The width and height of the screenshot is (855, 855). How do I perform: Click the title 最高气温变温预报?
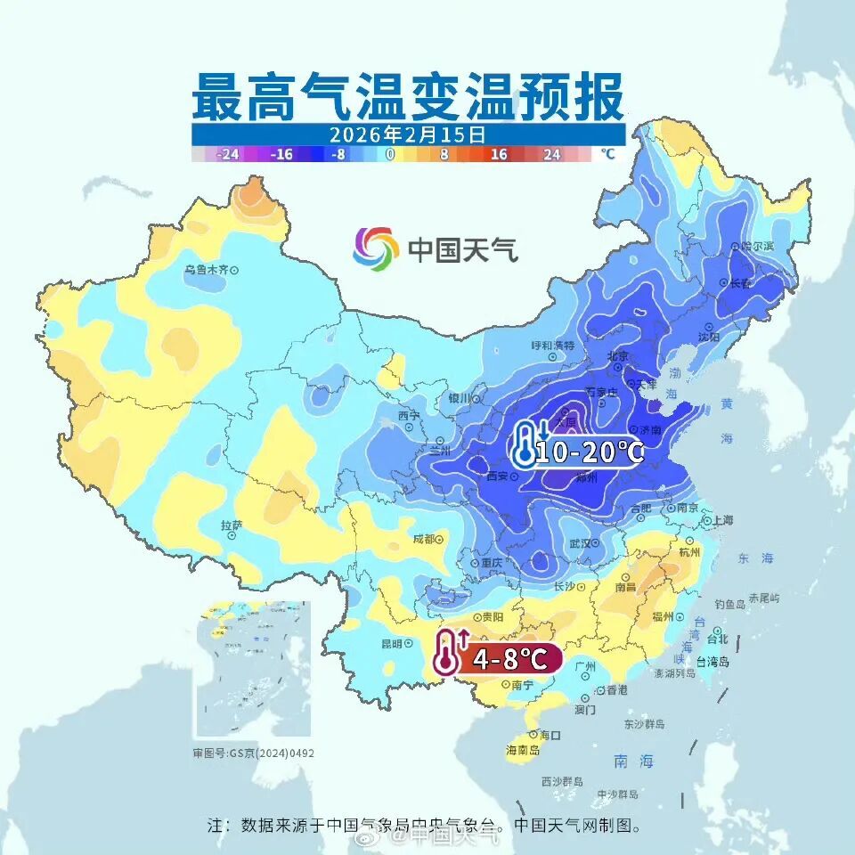[408, 97]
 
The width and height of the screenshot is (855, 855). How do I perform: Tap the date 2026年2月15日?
[407, 135]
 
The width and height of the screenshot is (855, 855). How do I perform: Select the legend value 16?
[498, 154]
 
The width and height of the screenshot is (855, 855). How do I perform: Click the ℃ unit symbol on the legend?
[607, 153]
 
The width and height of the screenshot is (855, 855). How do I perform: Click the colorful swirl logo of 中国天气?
[375, 248]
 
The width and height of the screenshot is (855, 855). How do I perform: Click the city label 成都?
[424, 539]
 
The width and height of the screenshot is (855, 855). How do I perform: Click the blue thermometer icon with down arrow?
[527, 445]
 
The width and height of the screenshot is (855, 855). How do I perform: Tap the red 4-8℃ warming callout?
[509, 659]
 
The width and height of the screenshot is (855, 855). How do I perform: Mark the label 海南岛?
[524, 751]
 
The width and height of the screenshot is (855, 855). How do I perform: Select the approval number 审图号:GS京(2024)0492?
[253, 753]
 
